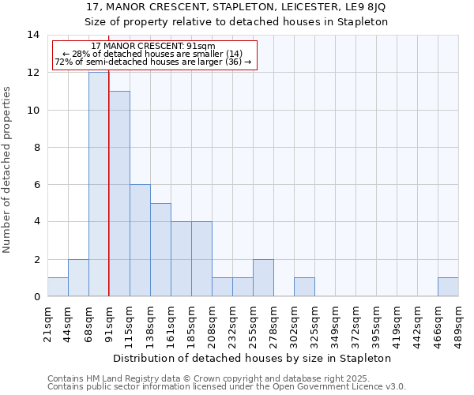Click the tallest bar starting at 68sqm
point(99,184)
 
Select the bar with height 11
point(119,194)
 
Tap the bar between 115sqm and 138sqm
point(140,240)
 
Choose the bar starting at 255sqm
point(263,277)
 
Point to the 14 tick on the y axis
point(33,35)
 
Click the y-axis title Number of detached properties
point(8,169)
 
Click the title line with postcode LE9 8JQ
point(236,7)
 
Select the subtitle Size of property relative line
point(236,22)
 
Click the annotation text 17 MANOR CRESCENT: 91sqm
point(153,47)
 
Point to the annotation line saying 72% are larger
point(153,62)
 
